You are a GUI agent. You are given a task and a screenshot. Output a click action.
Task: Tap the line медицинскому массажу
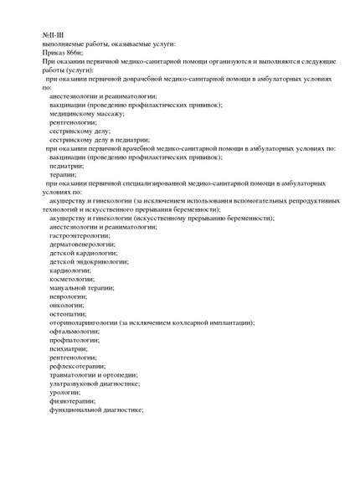pos(86,114)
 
